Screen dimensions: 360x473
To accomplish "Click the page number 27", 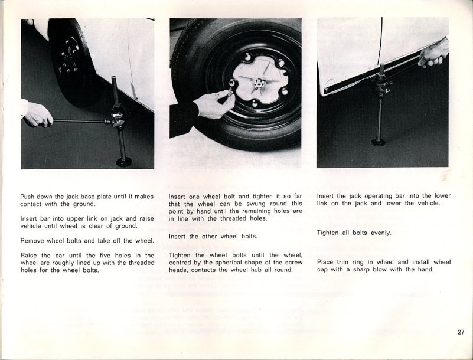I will (x=461, y=332).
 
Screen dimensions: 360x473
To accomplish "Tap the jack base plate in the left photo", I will (x=124, y=161).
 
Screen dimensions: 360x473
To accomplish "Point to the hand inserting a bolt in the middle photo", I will (x=212, y=105).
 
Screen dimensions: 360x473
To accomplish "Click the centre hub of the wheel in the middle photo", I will (x=258, y=83).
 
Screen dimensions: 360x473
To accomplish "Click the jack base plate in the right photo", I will (x=378, y=142).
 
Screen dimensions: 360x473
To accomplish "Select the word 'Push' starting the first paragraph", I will (x=28, y=197).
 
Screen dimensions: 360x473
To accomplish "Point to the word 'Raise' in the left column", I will (x=30, y=255).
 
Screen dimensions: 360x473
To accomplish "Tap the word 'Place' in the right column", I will (x=326, y=262).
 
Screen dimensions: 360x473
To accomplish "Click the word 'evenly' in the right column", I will (x=381, y=233).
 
